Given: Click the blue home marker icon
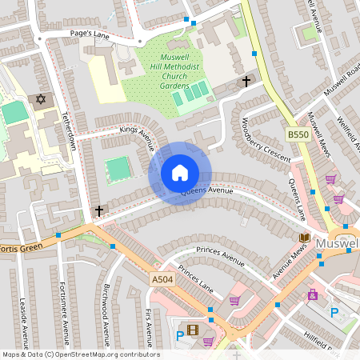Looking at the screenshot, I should [180, 173].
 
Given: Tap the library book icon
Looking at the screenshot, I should [304, 238].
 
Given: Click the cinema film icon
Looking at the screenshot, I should [192, 328].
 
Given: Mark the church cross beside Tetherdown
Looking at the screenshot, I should [99, 211].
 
